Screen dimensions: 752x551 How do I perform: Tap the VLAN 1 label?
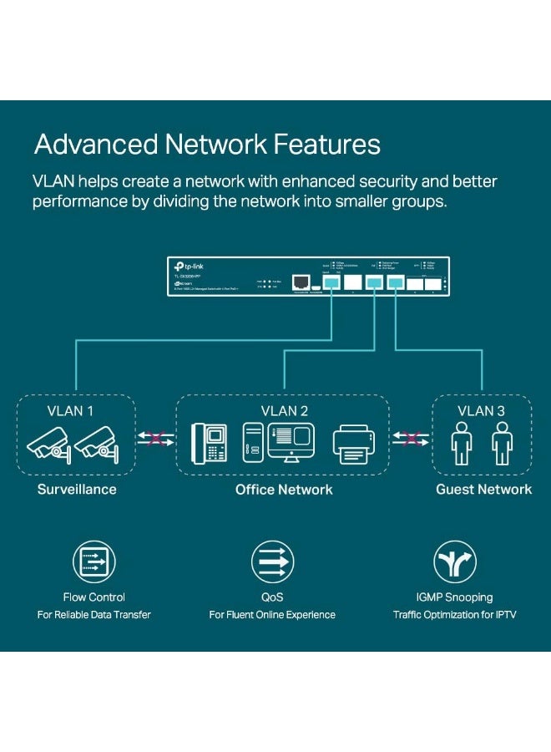click(70, 410)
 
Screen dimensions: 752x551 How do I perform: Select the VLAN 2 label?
click(284, 410)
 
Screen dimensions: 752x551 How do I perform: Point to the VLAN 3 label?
click(482, 410)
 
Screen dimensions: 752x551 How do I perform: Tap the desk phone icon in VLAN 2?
click(209, 442)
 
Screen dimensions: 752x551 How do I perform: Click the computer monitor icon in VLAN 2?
click(290, 440)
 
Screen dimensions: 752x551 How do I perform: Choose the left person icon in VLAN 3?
click(462, 443)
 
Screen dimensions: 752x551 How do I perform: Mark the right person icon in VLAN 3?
click(501, 443)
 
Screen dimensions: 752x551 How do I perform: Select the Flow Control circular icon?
click(94, 561)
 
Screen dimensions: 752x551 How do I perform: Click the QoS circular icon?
click(272, 561)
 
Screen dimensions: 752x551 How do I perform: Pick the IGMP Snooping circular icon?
click(454, 561)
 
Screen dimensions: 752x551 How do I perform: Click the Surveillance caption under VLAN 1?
click(76, 490)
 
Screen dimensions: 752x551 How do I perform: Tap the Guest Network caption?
click(483, 490)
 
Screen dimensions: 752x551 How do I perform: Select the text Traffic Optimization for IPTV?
click(454, 615)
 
